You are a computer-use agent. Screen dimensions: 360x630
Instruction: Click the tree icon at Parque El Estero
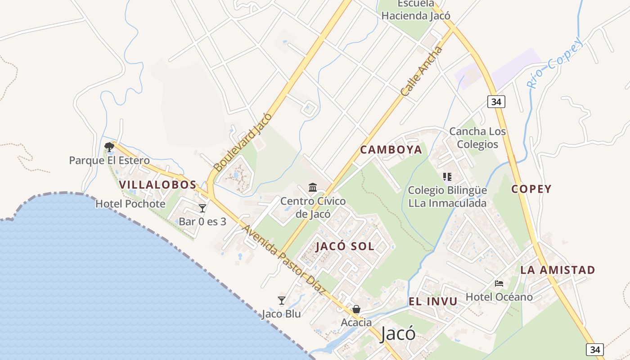point(109,147)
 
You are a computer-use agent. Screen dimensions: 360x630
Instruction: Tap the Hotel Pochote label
point(130,204)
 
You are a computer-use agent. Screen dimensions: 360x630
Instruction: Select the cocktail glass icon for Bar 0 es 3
point(202,208)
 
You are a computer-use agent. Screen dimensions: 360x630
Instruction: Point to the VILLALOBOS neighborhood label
point(158,184)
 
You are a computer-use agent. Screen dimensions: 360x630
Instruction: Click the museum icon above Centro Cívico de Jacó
point(313,187)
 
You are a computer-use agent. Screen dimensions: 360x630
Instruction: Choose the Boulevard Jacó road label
point(243,142)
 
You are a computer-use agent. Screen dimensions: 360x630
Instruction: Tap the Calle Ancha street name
point(422,71)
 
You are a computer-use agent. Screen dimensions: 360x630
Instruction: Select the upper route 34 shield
point(496,102)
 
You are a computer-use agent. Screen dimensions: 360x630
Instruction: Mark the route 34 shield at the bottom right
point(595,349)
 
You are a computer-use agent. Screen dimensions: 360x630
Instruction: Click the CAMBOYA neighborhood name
point(391,149)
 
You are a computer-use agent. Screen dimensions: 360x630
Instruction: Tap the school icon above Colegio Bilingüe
point(447,177)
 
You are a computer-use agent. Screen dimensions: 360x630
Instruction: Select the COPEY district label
point(531,189)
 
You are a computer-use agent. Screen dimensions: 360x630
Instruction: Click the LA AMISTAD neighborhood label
point(558,270)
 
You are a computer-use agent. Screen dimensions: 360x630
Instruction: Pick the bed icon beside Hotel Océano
point(499,283)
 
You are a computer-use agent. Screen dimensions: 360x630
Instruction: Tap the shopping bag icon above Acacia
point(356,309)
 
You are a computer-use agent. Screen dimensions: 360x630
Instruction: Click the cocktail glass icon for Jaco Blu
point(282,300)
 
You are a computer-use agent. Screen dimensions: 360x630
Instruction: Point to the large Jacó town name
point(397,334)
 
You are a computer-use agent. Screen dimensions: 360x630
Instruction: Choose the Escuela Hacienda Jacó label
point(416,10)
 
